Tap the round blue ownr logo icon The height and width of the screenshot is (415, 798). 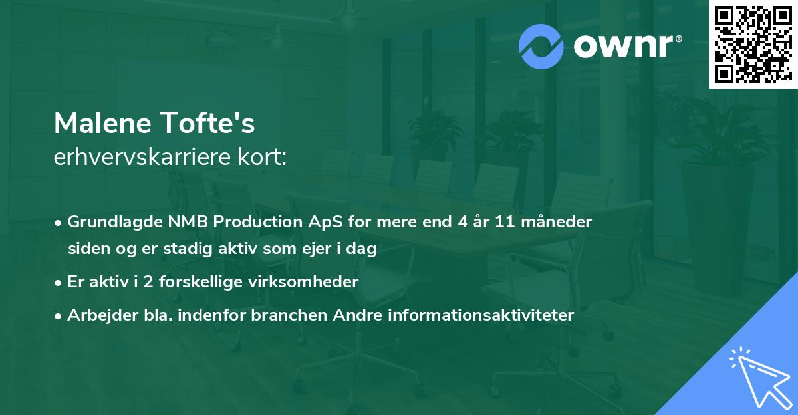[542, 47]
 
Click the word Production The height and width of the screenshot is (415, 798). [250, 222]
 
